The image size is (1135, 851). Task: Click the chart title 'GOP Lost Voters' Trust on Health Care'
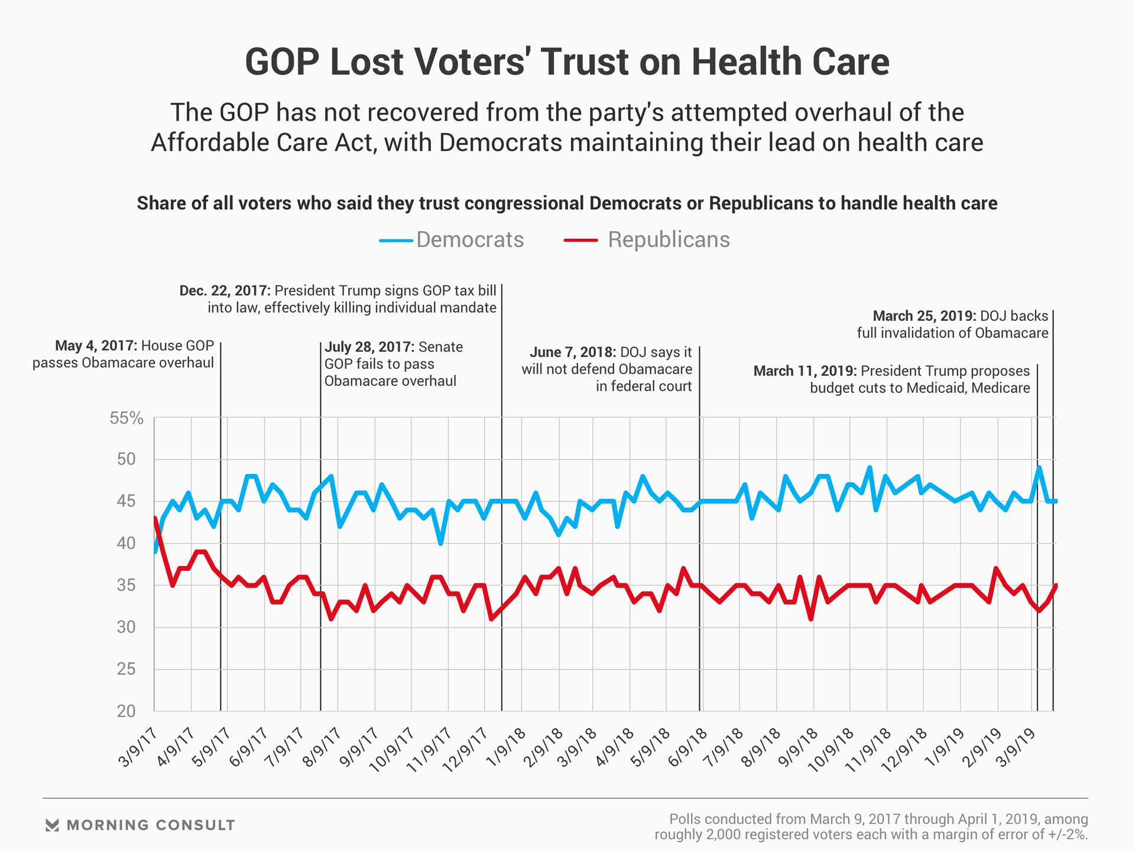pyautogui.click(x=567, y=62)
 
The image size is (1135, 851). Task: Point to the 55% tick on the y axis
pyautogui.click(x=127, y=418)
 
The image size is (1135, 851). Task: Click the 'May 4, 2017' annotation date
pyautogui.click(x=96, y=346)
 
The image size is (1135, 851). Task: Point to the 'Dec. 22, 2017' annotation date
pyautogui.click(x=225, y=291)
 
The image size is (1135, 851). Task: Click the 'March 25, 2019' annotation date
pyautogui.click(x=924, y=316)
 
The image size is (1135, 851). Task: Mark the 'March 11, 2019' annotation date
pyautogui.click(x=805, y=371)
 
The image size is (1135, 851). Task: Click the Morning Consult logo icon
pyautogui.click(x=53, y=825)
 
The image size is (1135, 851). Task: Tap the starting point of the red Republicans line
pyautogui.click(x=155, y=518)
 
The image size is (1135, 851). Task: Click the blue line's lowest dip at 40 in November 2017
pyautogui.click(x=440, y=543)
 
